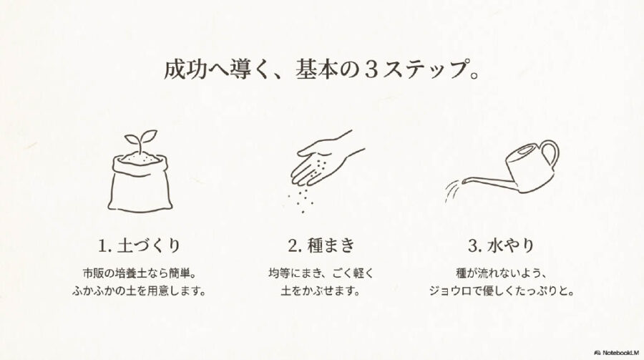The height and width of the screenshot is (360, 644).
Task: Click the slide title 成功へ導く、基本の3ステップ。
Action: [x=321, y=72]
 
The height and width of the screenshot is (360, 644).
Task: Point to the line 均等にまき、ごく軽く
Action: [x=321, y=273]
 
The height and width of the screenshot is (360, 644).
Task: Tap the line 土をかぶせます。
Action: [x=321, y=291]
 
